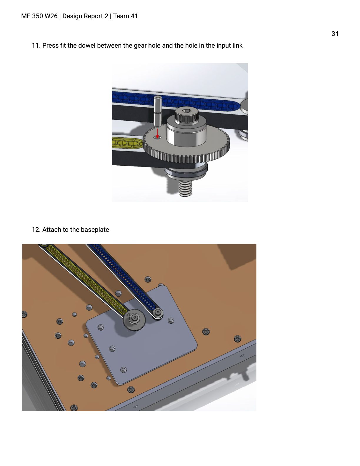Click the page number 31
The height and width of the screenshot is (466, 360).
pyautogui.click(x=335, y=34)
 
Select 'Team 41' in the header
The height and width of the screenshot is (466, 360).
pyautogui.click(x=125, y=16)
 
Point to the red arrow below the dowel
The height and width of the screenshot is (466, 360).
pyautogui.click(x=157, y=133)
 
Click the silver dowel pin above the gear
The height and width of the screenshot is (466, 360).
pyautogui.click(x=158, y=111)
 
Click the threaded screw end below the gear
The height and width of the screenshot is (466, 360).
pyautogui.click(x=186, y=188)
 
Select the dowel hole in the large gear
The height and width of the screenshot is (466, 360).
pyautogui.click(x=157, y=137)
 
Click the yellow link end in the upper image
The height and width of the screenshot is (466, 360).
pyautogui.click(x=127, y=142)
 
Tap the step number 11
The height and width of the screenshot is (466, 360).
pyautogui.click(x=36, y=46)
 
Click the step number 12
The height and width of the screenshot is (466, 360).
pyautogui.click(x=36, y=230)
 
